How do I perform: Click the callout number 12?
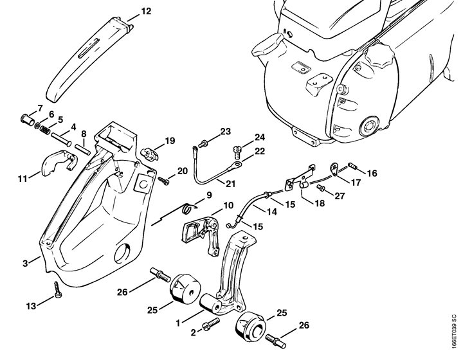[x=147, y=11]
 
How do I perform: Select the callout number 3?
[x=26, y=264]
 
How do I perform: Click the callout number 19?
[x=170, y=141]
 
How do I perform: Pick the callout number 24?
[x=241, y=138]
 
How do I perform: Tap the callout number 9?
[x=209, y=195]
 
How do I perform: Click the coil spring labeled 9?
[x=186, y=207]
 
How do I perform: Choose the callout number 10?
[x=228, y=206]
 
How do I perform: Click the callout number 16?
[x=372, y=173]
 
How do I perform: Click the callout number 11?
[x=23, y=178]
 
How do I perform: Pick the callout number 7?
[x=40, y=107]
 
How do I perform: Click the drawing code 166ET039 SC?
[x=453, y=332]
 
